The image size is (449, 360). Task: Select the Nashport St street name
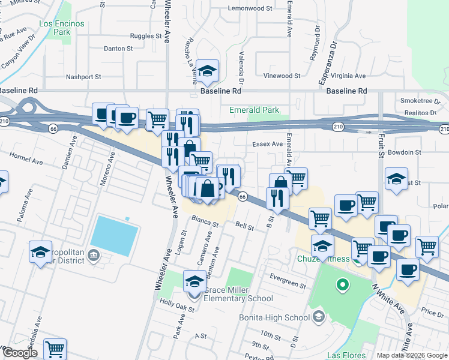click(x=83, y=77)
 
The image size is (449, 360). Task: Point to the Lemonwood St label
click(x=250, y=9)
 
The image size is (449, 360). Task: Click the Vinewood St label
click(x=282, y=76)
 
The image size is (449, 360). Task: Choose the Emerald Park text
click(x=255, y=110)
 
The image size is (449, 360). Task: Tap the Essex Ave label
click(x=268, y=144)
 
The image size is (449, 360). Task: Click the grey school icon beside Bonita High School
click(x=319, y=316)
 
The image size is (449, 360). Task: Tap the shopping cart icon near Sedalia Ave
click(x=55, y=348)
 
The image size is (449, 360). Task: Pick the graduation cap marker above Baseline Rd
click(x=207, y=71)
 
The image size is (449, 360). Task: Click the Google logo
click(x=19, y=353)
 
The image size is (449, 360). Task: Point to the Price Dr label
click(x=432, y=312)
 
